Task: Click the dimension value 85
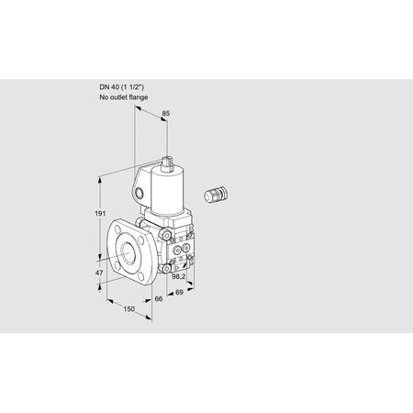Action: click(x=165, y=114)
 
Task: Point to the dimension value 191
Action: click(x=100, y=214)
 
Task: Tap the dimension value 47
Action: click(x=99, y=273)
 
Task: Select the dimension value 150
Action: click(x=128, y=309)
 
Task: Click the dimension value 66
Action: click(x=159, y=298)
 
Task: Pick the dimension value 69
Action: click(x=179, y=292)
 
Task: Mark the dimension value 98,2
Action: click(x=179, y=277)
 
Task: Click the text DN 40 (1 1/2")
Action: click(x=121, y=87)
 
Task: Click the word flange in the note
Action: click(x=139, y=97)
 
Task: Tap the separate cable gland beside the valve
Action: click(x=217, y=194)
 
